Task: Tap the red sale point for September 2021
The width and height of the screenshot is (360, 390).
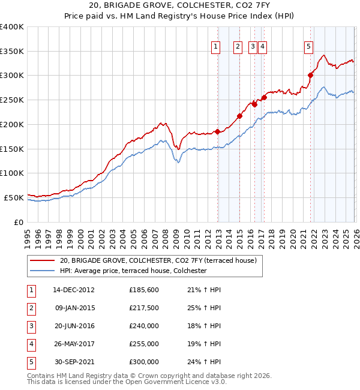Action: click(311, 75)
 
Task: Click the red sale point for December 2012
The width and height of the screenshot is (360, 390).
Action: click(217, 131)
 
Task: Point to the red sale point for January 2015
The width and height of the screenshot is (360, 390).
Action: click(239, 116)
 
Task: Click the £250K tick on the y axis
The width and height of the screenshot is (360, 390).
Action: click(12, 100)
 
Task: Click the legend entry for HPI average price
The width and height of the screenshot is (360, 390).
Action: click(133, 271)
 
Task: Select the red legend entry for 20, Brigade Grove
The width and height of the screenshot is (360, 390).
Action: click(158, 260)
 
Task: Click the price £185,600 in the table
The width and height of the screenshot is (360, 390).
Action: click(144, 290)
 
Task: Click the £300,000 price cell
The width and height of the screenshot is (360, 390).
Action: click(144, 362)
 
